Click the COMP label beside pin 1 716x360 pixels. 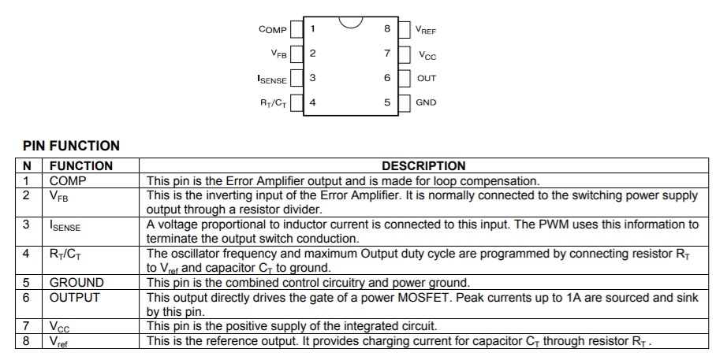pyautogui.click(x=272, y=30)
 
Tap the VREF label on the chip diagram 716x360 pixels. pyautogui.click(x=426, y=31)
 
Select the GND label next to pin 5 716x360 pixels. pyautogui.click(x=426, y=102)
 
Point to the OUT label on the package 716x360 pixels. pyautogui.click(x=426, y=79)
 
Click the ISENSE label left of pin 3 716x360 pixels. pyautogui.click(x=272, y=79)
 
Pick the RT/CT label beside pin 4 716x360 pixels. pyautogui.click(x=273, y=102)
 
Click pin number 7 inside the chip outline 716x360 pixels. pyautogui.click(x=387, y=54)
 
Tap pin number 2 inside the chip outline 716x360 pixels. pyautogui.click(x=312, y=54)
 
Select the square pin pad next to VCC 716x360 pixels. pyautogui.click(x=405, y=54)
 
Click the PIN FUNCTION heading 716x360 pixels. pyautogui.click(x=71, y=146)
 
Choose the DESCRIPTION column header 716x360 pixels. pyautogui.click(x=423, y=166)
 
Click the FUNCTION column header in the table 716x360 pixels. pyautogui.click(x=81, y=166)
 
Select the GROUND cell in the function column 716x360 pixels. pyautogui.click(x=76, y=283)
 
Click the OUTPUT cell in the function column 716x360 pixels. pyautogui.click(x=75, y=298)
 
